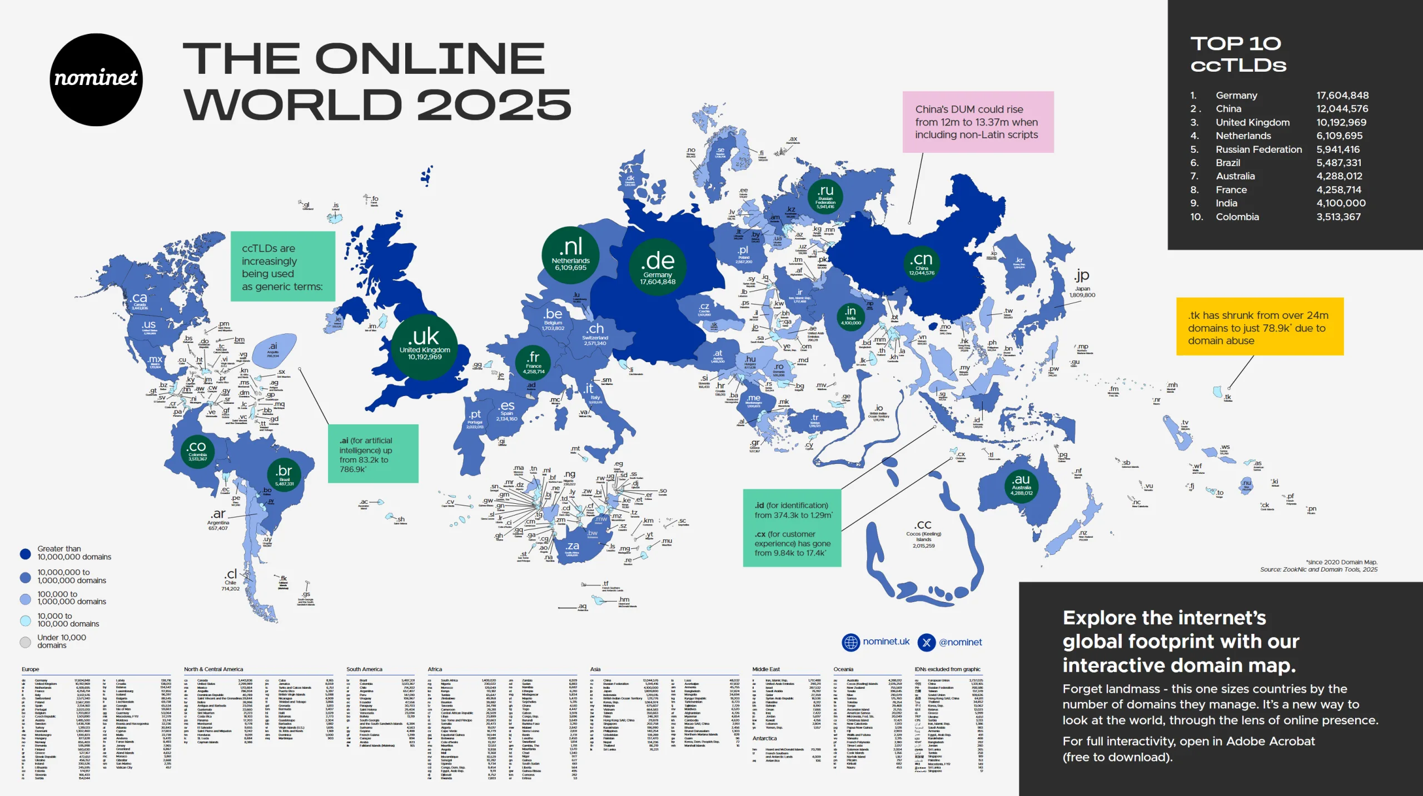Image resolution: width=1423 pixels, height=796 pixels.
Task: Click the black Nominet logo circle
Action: [96, 79]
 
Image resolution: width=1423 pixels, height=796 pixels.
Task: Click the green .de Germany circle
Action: [658, 267]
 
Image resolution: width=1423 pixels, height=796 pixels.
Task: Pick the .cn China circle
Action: [922, 264]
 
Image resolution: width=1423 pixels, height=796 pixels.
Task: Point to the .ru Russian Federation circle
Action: [825, 197]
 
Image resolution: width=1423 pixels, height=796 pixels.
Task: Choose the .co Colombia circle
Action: [197, 451]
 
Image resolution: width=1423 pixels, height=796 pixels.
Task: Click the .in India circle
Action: [850, 316]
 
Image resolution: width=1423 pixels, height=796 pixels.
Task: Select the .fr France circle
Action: [533, 362]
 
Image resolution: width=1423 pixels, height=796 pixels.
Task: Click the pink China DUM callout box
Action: [978, 122]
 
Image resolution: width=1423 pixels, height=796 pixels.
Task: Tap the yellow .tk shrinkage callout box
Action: [1259, 327]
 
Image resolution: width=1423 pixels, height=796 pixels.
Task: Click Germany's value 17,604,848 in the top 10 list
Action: [1342, 96]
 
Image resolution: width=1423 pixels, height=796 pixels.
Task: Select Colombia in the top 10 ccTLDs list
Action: [1237, 217]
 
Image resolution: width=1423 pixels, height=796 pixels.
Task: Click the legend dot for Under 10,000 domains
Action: [25, 642]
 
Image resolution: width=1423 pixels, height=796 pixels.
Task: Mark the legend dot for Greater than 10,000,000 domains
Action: [25, 553]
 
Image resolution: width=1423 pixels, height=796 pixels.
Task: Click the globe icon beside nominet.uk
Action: [850, 642]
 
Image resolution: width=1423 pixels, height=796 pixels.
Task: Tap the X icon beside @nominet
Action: [926, 642]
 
